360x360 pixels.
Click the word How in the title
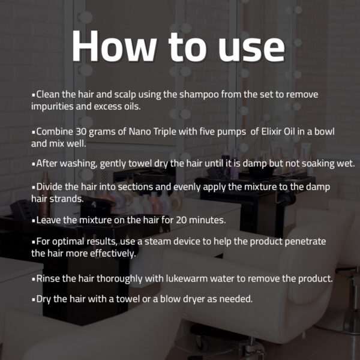(115, 46)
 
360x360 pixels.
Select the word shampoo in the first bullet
(199, 95)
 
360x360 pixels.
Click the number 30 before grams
(81, 132)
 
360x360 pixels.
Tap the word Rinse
(48, 278)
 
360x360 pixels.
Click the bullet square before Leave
(34, 221)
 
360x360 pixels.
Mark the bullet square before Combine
(34, 133)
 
